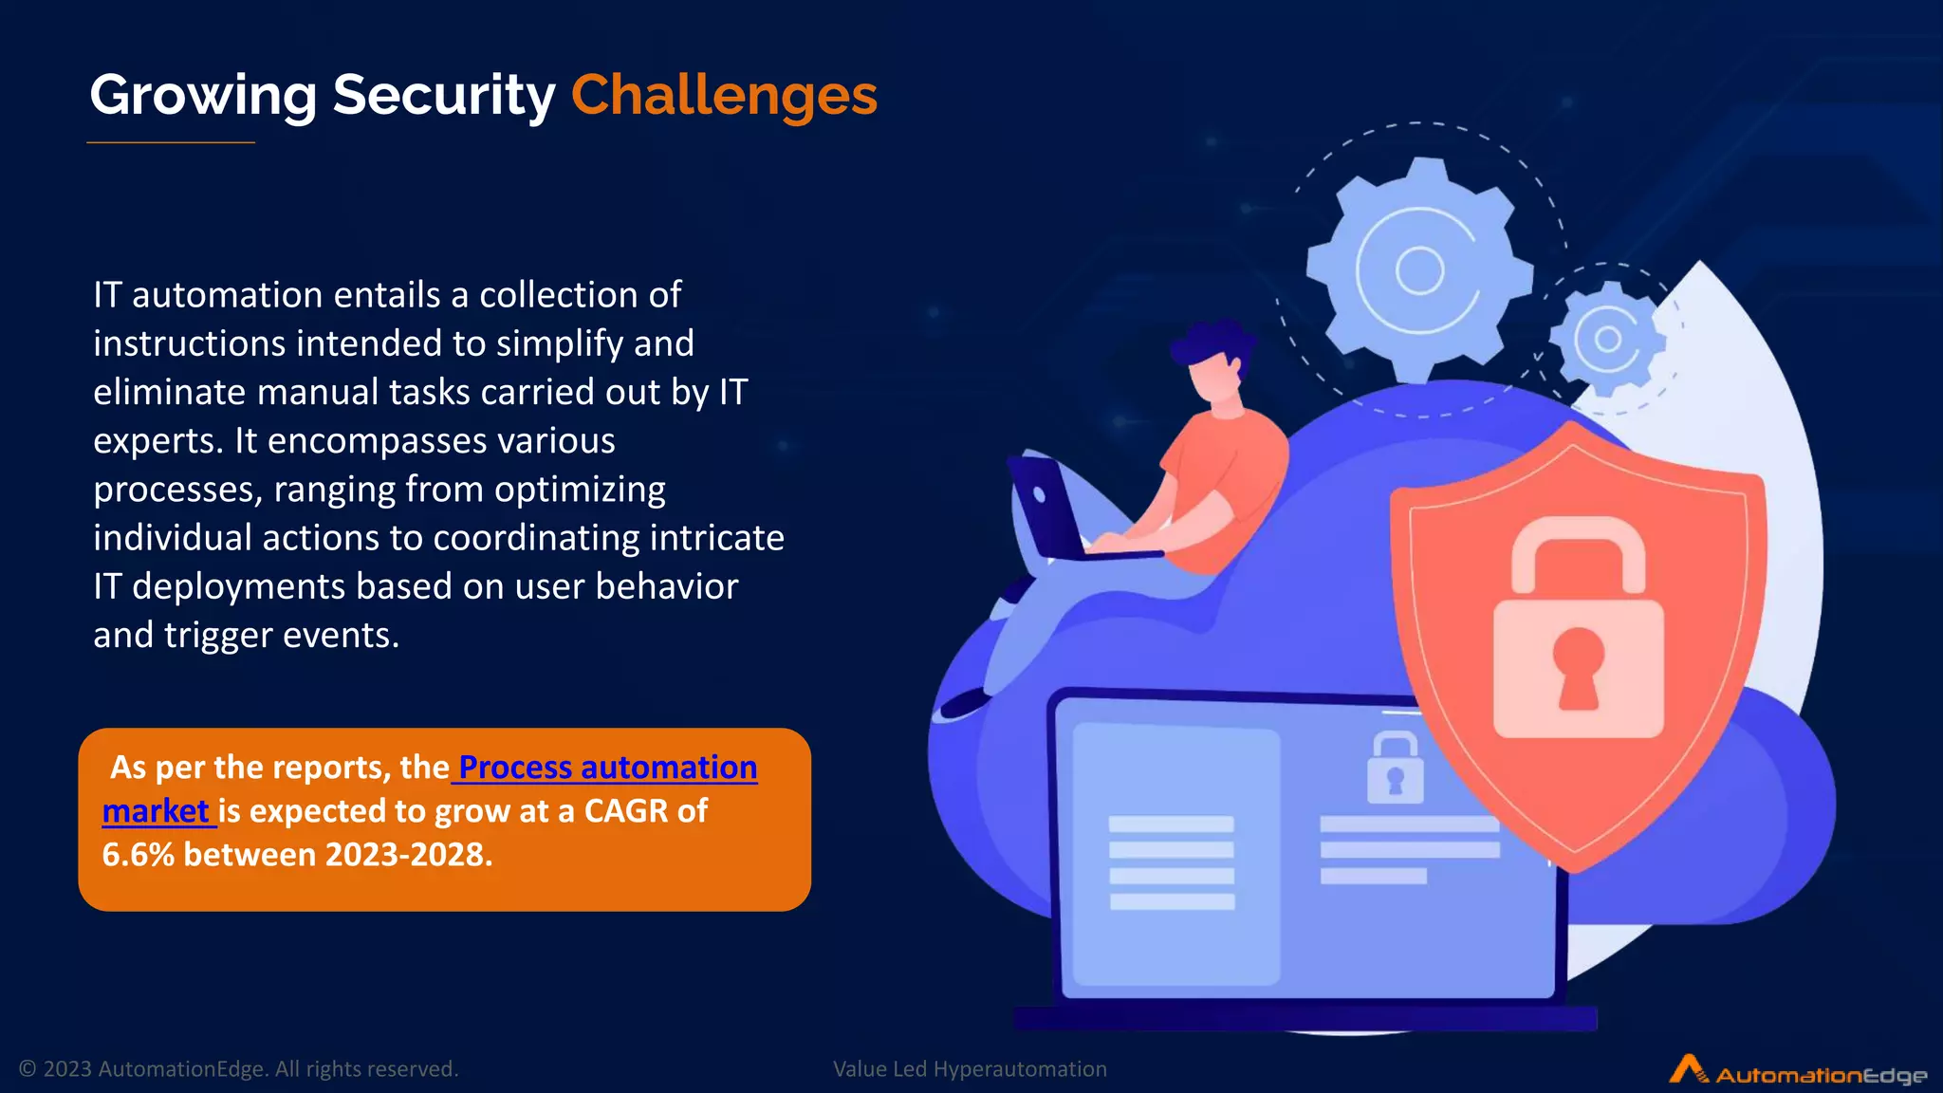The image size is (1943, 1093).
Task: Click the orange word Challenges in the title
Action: (724, 95)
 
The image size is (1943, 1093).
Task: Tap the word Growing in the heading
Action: (203, 95)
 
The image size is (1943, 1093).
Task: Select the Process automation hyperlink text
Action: (607, 767)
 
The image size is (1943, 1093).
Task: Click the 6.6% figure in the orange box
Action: (138, 855)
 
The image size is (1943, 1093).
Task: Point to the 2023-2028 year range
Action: (408, 855)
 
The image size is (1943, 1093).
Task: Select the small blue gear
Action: (1607, 338)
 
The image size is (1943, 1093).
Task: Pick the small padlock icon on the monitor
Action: (1395, 769)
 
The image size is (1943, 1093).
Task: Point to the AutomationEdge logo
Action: (1798, 1071)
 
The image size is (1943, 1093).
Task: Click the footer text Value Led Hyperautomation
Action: (970, 1069)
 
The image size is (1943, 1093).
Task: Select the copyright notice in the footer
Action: (238, 1069)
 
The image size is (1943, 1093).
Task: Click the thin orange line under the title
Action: (171, 142)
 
